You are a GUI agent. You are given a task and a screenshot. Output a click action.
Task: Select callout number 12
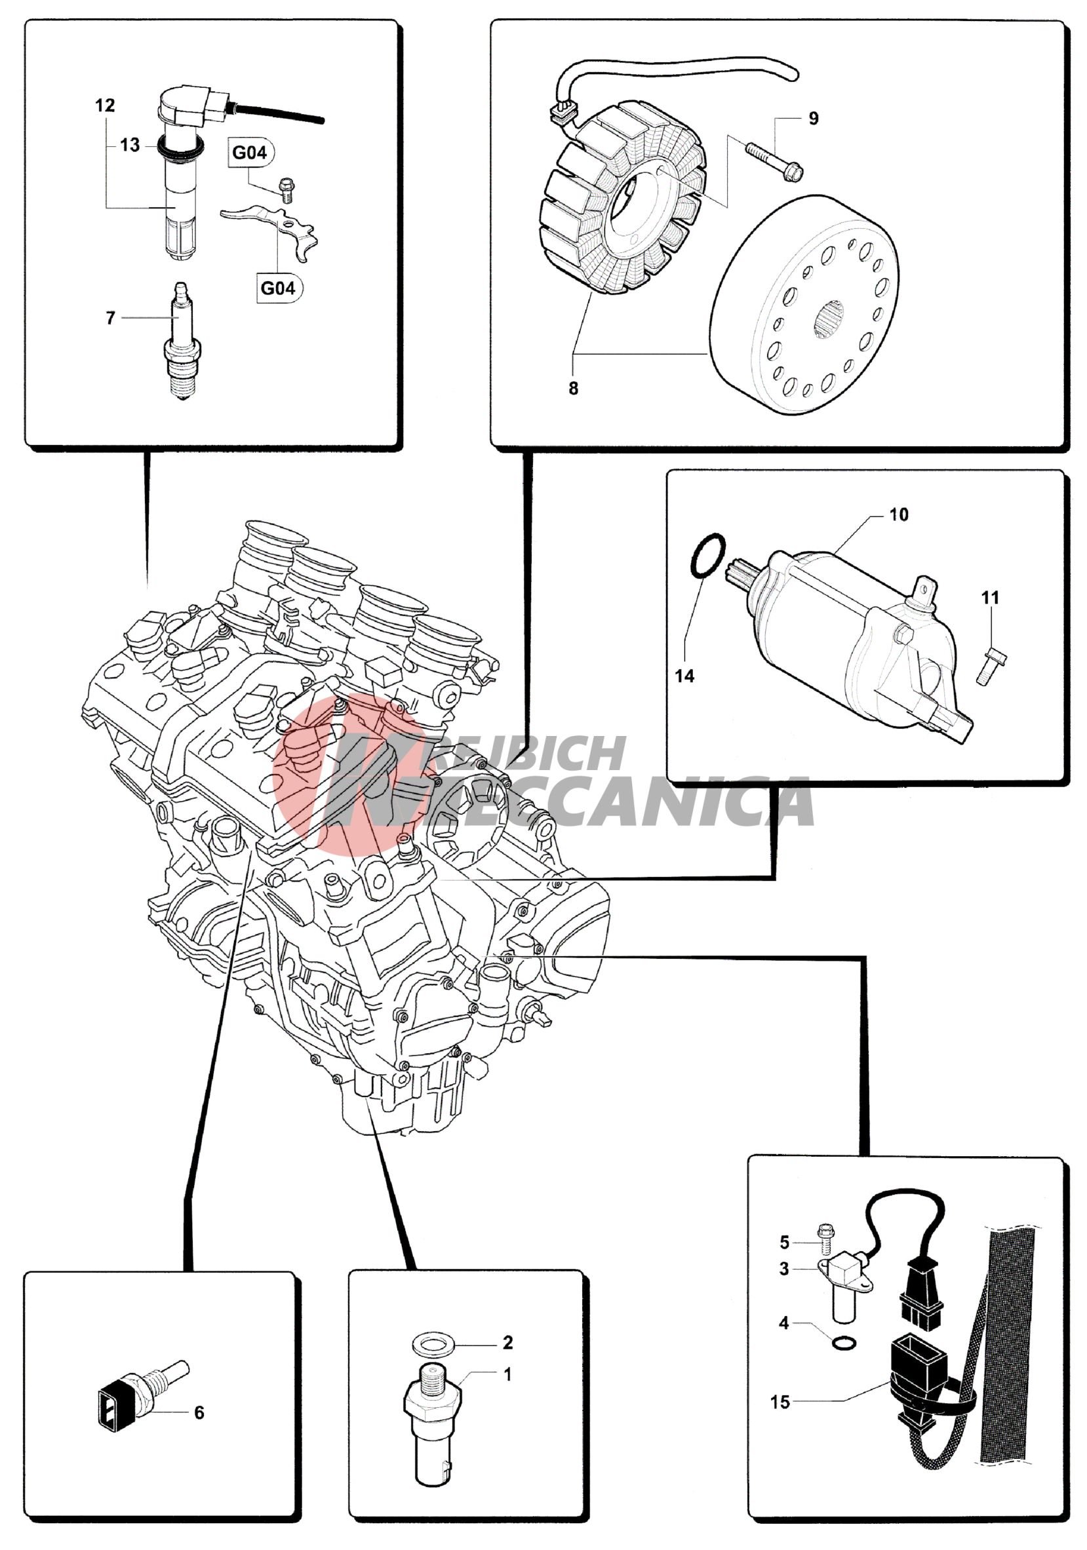click(x=105, y=106)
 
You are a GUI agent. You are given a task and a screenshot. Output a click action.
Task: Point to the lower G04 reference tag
click(x=279, y=288)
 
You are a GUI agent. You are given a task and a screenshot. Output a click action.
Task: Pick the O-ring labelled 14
click(x=707, y=556)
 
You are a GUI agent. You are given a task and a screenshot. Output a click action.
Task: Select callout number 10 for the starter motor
click(x=899, y=514)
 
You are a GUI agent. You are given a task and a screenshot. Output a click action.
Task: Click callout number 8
click(x=573, y=388)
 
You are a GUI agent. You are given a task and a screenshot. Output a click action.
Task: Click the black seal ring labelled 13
click(x=180, y=145)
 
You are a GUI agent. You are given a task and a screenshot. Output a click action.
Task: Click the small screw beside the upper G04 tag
click(x=287, y=190)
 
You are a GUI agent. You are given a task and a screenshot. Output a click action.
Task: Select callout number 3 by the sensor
click(x=784, y=1269)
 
